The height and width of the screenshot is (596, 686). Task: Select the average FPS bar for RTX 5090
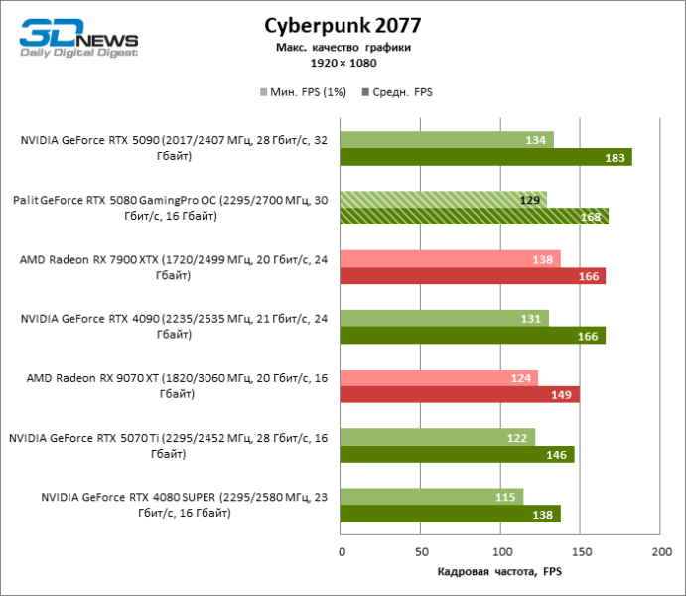[x=485, y=157]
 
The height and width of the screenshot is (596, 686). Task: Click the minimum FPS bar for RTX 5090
[x=447, y=140]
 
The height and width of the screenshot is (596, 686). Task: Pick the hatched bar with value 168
[x=474, y=217]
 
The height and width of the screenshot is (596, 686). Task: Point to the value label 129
[x=530, y=200]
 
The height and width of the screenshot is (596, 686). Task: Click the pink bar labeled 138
[x=450, y=258]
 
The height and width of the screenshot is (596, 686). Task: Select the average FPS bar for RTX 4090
[x=473, y=336]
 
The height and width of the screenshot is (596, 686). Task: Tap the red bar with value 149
[x=460, y=394]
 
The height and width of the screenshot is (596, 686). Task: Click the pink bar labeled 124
[x=439, y=377]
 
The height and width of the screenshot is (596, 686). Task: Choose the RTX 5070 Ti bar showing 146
[x=457, y=454]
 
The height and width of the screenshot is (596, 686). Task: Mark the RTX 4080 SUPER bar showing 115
[x=432, y=496]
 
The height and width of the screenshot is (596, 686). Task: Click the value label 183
[x=616, y=157]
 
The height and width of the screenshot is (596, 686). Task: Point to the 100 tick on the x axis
[x=501, y=550]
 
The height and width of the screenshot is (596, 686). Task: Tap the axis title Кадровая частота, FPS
[x=500, y=572]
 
